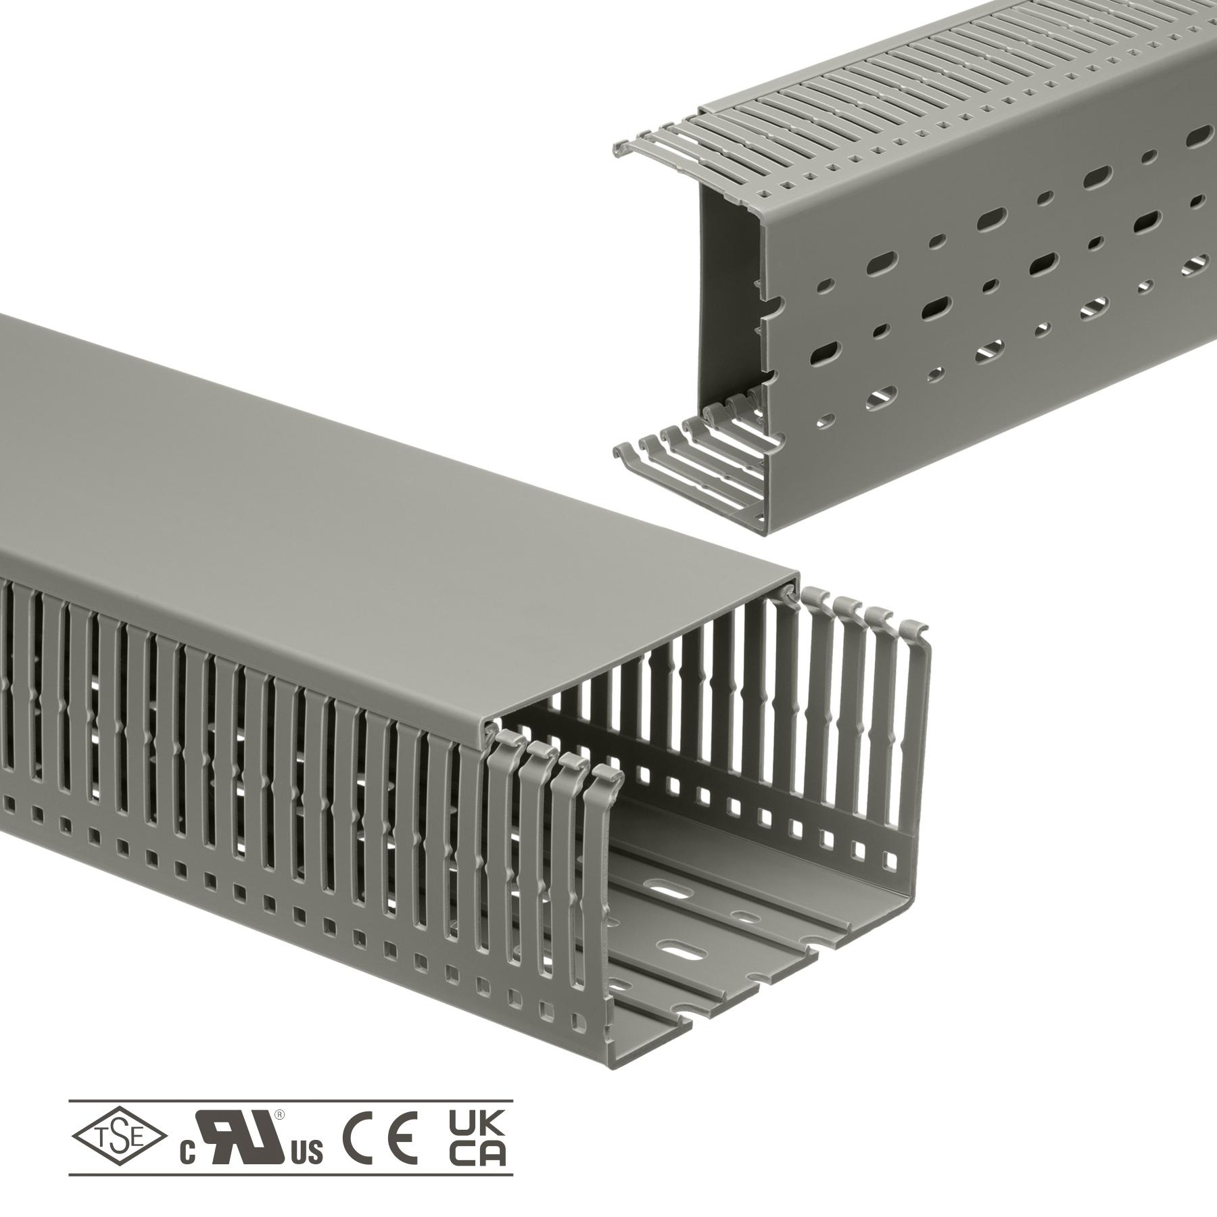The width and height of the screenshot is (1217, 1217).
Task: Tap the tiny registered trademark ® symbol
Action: [279, 1114]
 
